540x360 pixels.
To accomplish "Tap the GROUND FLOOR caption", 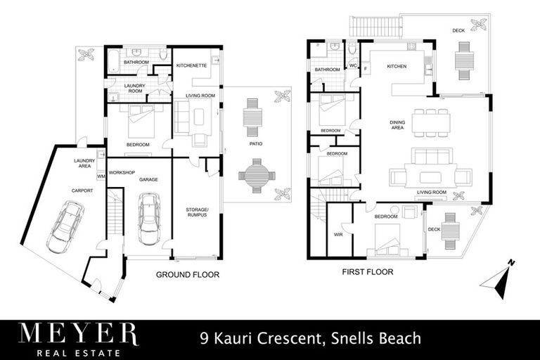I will pos(188,275).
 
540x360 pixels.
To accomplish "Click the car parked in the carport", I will pos(66,225).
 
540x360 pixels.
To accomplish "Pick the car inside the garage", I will pos(150,218).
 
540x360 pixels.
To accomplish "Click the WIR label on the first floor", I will pos(339,235).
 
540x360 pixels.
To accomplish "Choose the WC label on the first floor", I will pos(353,66).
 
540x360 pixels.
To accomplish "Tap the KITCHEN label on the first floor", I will pos(397,67).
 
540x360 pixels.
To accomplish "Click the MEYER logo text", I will pos(78,335).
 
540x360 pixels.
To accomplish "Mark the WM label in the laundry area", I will pos(101,176).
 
